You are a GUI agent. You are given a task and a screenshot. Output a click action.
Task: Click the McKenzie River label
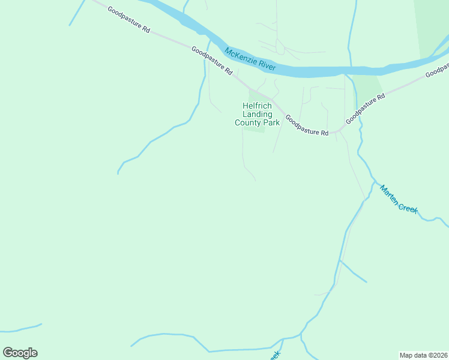255,61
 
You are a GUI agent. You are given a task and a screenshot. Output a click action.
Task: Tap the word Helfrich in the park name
258,106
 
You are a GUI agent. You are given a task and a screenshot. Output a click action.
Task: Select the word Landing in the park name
258,114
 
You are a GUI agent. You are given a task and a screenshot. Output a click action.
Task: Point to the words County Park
258,122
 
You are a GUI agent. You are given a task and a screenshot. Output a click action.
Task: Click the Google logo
20,353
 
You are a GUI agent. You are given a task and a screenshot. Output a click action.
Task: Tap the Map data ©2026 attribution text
423,355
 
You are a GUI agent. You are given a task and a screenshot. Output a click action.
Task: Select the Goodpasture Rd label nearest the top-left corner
128,20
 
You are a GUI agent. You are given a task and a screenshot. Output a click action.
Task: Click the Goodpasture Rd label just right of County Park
307,125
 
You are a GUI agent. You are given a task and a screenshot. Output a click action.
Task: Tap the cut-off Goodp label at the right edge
437,71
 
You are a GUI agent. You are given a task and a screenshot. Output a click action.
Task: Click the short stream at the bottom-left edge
21,328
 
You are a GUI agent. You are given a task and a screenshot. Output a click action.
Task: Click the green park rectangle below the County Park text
254,128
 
